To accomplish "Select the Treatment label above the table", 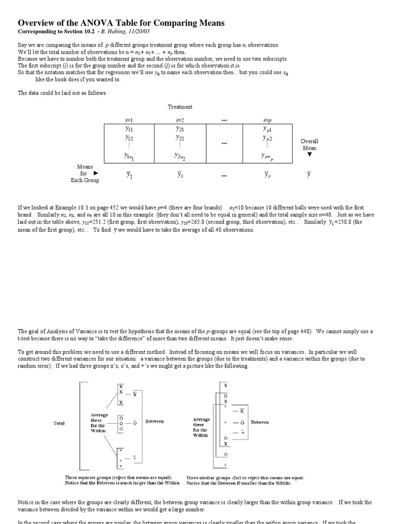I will click(x=180, y=107).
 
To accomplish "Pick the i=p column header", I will click(x=267, y=120).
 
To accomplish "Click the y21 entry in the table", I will click(x=180, y=129).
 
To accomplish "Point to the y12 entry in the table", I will click(x=129, y=138).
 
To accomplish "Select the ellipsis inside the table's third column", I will click(x=224, y=144).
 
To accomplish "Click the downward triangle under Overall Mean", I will click(x=309, y=154).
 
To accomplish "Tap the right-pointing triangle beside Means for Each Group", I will click(x=95, y=173).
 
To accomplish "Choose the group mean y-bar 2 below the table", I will click(x=180, y=175).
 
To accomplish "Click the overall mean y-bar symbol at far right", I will click(x=309, y=175).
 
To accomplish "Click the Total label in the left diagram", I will click(x=59, y=424).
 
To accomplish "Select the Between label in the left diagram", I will click(x=155, y=421).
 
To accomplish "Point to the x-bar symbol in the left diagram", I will click(x=135, y=394).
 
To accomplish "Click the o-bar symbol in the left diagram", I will click(x=135, y=423).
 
